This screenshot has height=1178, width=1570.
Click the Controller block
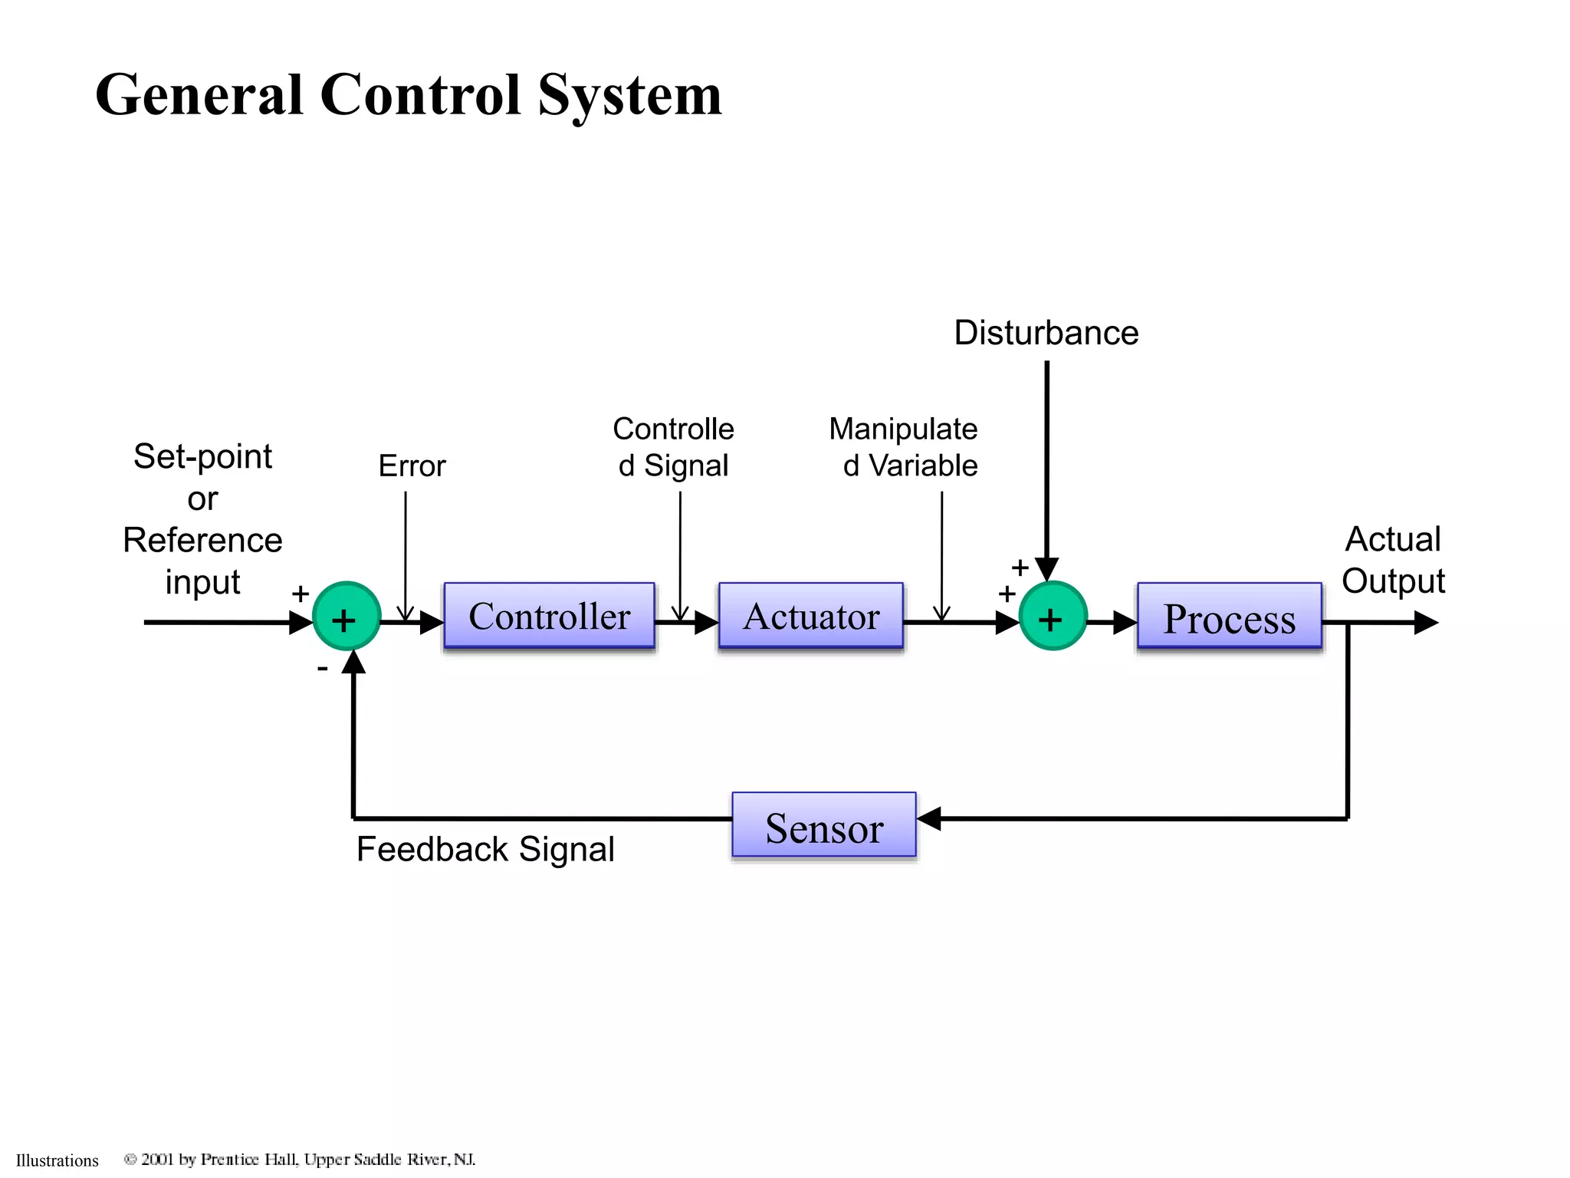pyautogui.click(x=549, y=616)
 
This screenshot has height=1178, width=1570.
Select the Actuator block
pyautogui.click(x=811, y=616)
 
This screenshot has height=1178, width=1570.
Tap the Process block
pyautogui.click(x=1229, y=617)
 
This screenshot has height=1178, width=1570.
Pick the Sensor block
pyautogui.click(x=824, y=826)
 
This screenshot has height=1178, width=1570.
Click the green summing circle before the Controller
pyautogui.click(x=347, y=617)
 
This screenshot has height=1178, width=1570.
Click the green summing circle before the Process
pyautogui.click(x=1053, y=617)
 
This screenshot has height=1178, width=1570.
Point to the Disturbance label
pyautogui.click(x=1046, y=333)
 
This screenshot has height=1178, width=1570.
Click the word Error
pyautogui.click(x=412, y=466)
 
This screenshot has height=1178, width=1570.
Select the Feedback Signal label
pyautogui.click(x=485, y=849)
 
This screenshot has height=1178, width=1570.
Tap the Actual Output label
pyautogui.click(x=1393, y=560)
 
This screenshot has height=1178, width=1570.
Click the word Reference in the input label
pyautogui.click(x=202, y=540)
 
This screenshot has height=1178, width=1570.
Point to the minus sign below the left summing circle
pyautogui.click(x=323, y=669)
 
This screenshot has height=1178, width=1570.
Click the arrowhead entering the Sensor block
pyautogui.click(x=929, y=818)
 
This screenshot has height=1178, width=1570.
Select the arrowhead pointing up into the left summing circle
pyautogui.click(x=353, y=662)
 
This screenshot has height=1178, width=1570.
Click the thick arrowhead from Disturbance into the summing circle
pyautogui.click(x=1046, y=569)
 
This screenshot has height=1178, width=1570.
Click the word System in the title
pyautogui.click(x=629, y=95)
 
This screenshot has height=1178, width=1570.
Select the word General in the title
pyautogui.click(x=199, y=95)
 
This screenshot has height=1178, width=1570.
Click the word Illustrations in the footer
pyautogui.click(x=57, y=1160)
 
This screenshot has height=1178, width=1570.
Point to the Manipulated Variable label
pyautogui.click(x=905, y=447)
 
